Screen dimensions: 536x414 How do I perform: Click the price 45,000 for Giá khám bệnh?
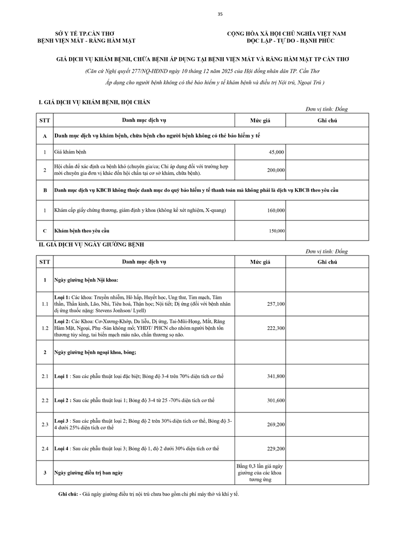click(277, 153)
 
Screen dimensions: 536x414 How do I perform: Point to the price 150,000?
click(277, 231)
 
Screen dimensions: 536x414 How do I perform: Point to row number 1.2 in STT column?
click(45, 328)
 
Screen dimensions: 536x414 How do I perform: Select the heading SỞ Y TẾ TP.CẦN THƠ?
click(86, 33)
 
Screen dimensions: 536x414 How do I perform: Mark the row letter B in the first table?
click(45, 190)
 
